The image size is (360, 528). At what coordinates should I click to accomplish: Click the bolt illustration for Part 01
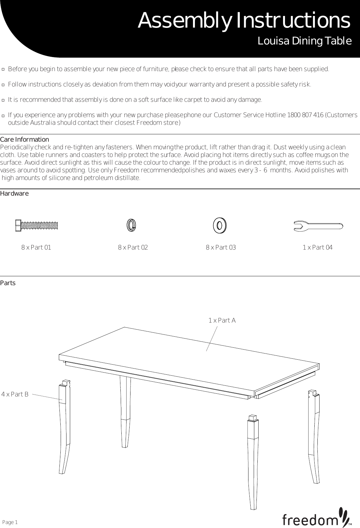pyautogui.click(x=36, y=226)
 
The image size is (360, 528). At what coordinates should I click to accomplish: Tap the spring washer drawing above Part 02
pyautogui.click(x=131, y=226)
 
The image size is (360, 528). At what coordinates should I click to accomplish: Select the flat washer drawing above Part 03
pyautogui.click(x=219, y=226)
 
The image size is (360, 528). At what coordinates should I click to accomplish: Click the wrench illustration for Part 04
pyautogui.click(x=318, y=226)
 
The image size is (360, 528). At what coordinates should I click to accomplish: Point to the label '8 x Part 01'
pyautogui.click(x=36, y=247)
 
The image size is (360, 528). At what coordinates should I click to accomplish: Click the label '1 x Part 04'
pyautogui.click(x=317, y=247)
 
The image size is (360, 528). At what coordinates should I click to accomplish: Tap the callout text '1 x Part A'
pyautogui.click(x=222, y=320)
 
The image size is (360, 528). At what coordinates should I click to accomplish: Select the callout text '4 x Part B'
pyautogui.click(x=15, y=394)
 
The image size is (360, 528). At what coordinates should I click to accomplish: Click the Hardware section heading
pyautogui.click(x=14, y=194)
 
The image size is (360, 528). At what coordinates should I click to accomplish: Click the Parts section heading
pyautogui.click(x=8, y=283)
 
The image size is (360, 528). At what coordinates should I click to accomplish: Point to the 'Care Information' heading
pyautogui.click(x=25, y=140)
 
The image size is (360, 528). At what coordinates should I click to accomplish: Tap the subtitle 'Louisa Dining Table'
pyautogui.click(x=305, y=41)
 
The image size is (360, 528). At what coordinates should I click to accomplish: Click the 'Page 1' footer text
pyautogui.click(x=10, y=522)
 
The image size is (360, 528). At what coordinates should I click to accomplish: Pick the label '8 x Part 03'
pyautogui.click(x=221, y=247)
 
